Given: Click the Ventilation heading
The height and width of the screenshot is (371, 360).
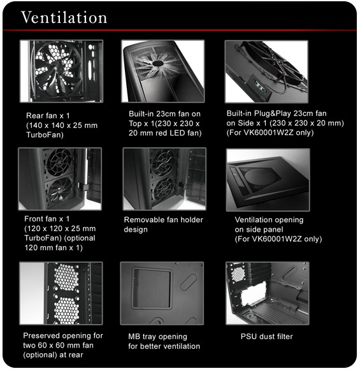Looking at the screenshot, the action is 64,17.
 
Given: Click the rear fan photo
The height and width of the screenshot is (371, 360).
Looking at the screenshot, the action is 61,71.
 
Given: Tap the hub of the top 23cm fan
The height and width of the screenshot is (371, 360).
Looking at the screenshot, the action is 158,63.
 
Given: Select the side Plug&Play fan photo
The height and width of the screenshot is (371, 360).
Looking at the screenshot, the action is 266,71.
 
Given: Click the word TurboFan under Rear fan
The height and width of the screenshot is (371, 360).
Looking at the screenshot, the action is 45,135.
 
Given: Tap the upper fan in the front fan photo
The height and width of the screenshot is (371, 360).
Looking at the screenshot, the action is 59,162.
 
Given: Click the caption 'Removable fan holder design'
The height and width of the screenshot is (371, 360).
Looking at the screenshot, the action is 163,225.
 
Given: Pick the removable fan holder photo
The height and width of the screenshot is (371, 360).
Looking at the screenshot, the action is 164,179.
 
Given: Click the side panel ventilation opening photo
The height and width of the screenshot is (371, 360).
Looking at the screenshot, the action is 268,180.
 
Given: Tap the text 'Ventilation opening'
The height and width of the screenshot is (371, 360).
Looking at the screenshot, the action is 269,220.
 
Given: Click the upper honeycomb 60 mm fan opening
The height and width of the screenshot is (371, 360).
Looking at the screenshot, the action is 66,277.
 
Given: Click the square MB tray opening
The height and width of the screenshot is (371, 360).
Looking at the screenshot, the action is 152,288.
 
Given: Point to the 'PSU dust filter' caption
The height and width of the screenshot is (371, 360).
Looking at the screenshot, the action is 267,337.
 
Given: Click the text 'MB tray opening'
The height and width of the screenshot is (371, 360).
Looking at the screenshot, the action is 158,337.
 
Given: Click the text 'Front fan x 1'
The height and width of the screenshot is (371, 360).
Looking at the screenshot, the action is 47,219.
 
